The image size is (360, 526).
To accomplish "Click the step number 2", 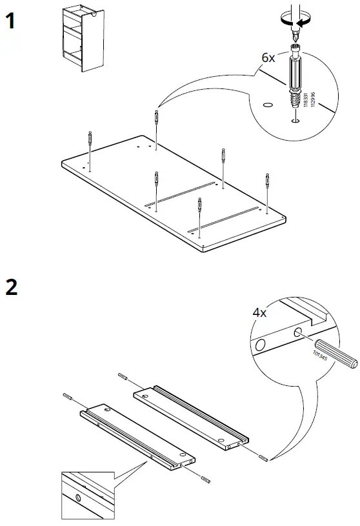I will [x=12, y=286].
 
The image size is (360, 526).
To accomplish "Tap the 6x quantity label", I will [x=268, y=57].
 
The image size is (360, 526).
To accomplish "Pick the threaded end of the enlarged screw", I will [x=294, y=101].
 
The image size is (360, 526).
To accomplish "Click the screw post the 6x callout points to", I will [x=157, y=120].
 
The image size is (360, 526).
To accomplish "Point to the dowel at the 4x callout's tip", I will [x=265, y=459].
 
